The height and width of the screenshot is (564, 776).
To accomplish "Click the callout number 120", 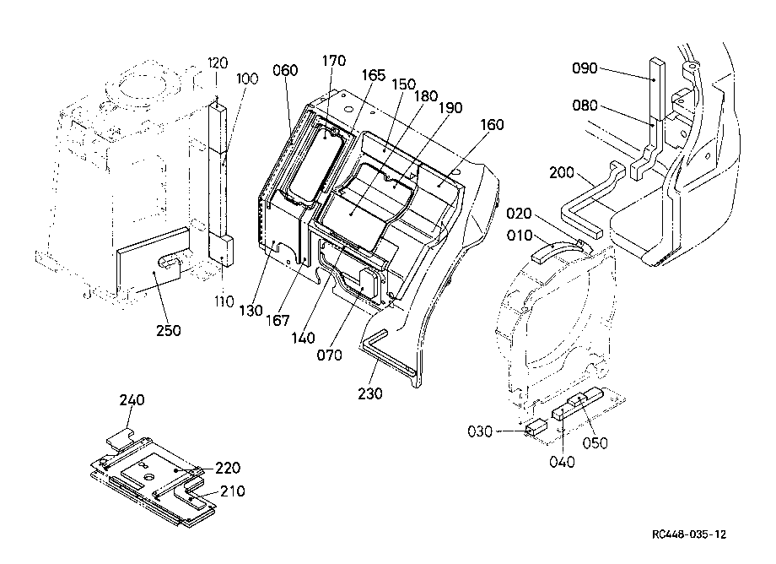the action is coord(218,62).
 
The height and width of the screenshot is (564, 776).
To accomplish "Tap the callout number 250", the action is coord(168,330).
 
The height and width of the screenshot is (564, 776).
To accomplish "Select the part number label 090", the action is coord(585,68).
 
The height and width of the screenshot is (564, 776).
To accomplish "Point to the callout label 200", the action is coord(562,172).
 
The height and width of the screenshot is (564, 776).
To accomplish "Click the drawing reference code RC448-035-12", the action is coord(689,534).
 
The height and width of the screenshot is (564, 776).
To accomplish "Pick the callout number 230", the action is coord(370,393).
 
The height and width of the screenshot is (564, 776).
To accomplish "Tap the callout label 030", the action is coord(480,431).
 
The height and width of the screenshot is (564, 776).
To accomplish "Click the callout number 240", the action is coord(132,399).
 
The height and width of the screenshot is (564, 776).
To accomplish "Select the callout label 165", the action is coord(373,75).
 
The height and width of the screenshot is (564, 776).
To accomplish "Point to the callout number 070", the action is coord(329,355).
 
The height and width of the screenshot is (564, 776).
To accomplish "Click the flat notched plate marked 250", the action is coord(154,261).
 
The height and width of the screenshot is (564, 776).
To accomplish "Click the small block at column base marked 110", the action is coord(221,250).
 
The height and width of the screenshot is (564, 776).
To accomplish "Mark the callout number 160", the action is coord(492,124).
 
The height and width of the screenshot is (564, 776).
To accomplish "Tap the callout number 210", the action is coord(233,491).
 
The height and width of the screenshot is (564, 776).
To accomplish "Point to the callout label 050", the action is coord(595,442).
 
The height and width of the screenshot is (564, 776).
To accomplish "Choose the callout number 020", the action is coord(519,214).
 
